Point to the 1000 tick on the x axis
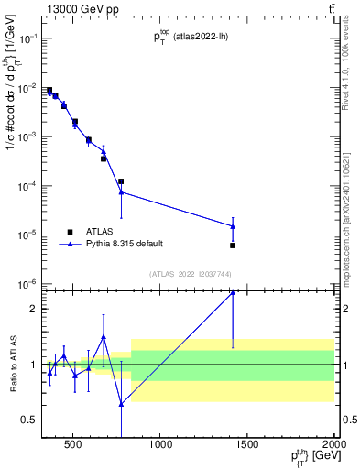click(x=160, y=447)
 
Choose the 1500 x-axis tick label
click(x=247, y=447)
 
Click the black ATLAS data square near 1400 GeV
click(x=233, y=245)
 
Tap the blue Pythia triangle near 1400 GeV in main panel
click(x=233, y=226)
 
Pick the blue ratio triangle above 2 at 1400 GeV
click(x=233, y=292)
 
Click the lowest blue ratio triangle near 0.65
click(x=121, y=403)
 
